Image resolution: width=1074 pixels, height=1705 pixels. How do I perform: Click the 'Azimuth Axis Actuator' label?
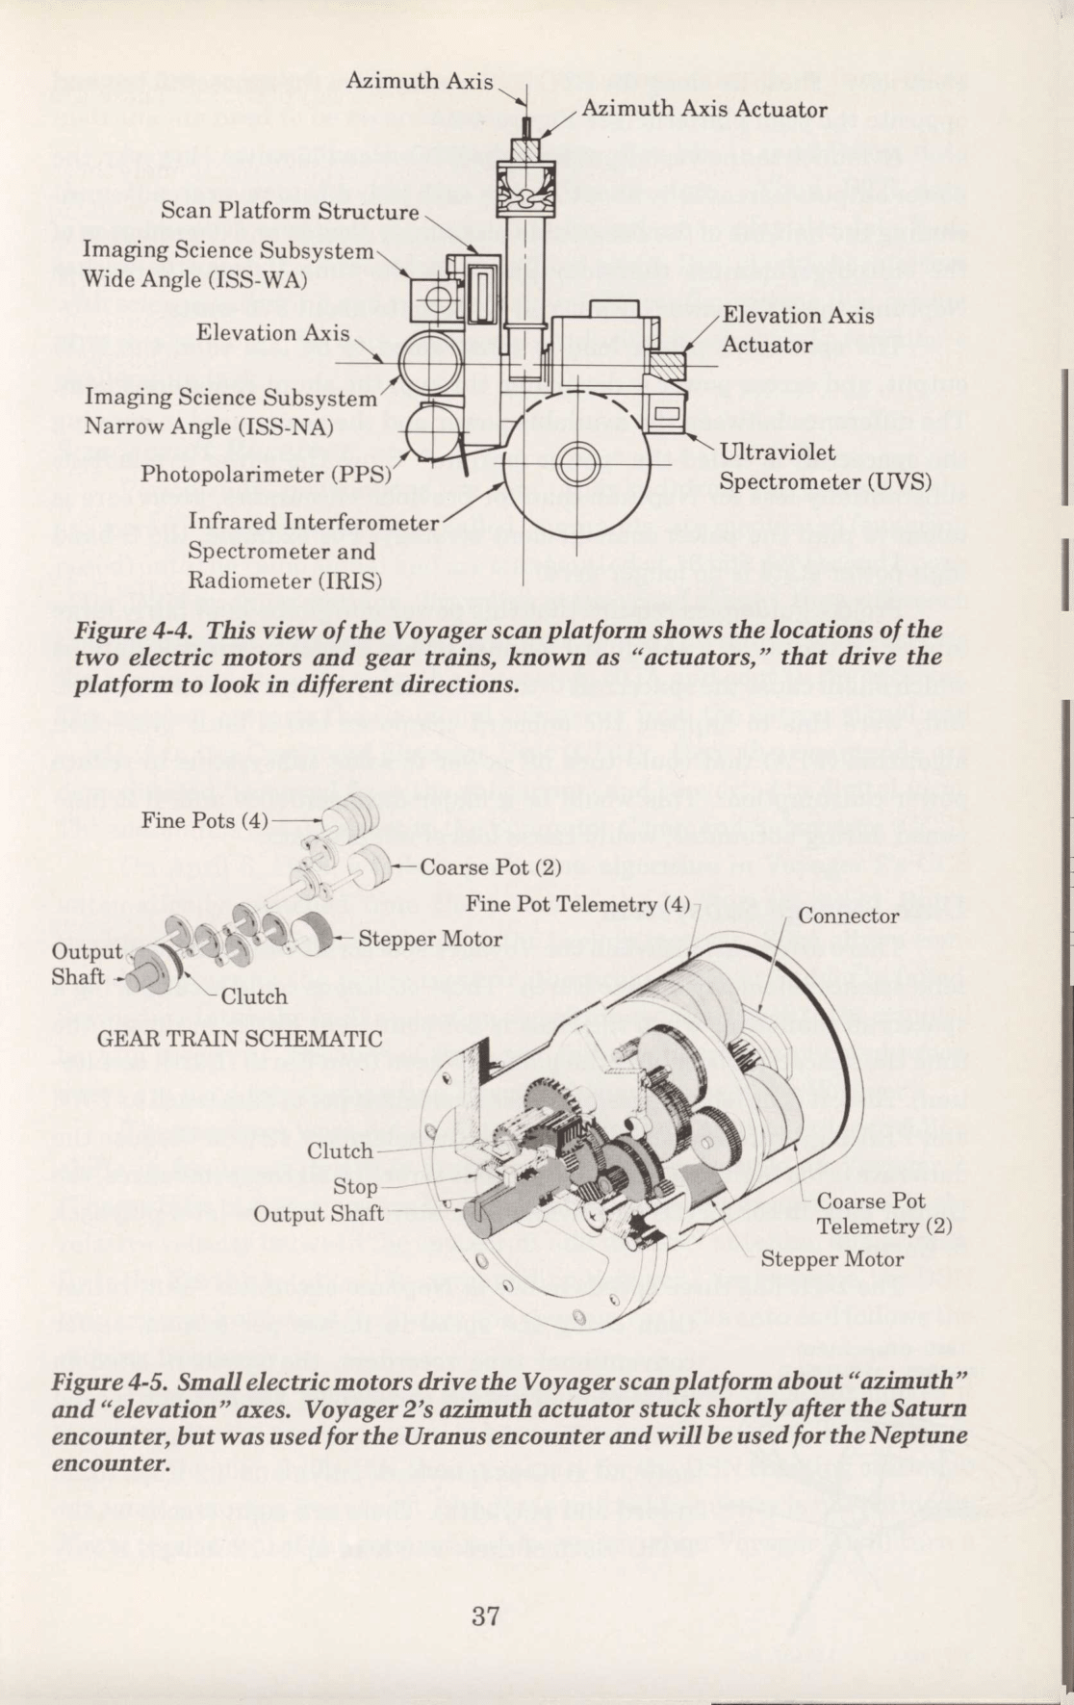(x=704, y=109)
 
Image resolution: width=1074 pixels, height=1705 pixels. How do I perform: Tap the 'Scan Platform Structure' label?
(x=290, y=211)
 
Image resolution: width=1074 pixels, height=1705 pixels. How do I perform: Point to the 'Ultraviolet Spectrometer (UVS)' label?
(x=826, y=466)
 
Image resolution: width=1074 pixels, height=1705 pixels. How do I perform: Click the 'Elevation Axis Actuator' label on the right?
(x=798, y=330)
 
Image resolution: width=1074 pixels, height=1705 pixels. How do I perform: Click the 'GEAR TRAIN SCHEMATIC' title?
(x=241, y=1039)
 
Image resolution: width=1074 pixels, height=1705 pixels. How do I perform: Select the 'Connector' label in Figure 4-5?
(x=849, y=916)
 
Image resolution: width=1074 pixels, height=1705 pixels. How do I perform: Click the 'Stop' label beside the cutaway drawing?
(x=355, y=1186)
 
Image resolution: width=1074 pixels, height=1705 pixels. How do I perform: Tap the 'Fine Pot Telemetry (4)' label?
(x=578, y=904)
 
